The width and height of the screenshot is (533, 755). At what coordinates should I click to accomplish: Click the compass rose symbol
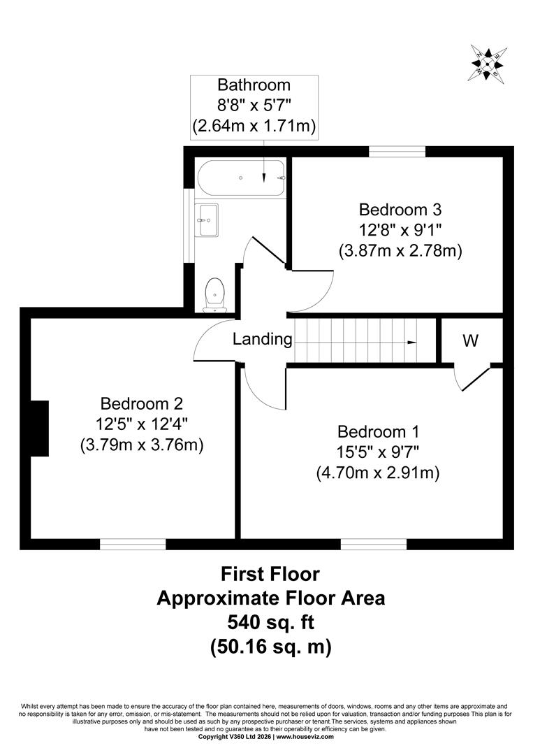click(x=487, y=63)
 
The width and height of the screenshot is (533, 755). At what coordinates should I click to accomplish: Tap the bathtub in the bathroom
click(x=242, y=178)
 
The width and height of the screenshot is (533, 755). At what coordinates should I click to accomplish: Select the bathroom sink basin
click(x=207, y=220)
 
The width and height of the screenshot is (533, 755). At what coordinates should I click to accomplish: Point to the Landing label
click(x=262, y=339)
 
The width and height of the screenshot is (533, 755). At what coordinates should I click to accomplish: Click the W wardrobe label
click(x=470, y=340)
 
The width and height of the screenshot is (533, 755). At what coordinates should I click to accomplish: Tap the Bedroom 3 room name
click(x=400, y=210)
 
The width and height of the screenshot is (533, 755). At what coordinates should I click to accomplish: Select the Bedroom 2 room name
click(x=141, y=403)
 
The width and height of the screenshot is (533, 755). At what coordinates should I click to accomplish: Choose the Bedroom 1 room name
click(x=378, y=431)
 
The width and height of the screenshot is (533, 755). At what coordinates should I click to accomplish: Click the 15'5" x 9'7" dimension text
click(x=378, y=452)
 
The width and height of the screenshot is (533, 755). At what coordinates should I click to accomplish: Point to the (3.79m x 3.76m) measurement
click(x=142, y=444)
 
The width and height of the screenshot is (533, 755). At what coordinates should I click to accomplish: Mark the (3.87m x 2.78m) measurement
click(x=401, y=250)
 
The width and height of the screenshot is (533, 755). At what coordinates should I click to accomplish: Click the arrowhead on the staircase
click(x=411, y=343)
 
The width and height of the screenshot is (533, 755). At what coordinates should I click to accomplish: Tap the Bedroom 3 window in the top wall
click(x=397, y=151)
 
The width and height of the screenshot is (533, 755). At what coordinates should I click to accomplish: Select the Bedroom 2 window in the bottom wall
click(x=133, y=544)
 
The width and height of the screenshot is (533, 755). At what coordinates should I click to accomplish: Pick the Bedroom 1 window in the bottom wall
click(x=374, y=544)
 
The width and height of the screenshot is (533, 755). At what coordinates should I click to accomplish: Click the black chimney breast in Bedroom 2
click(x=40, y=428)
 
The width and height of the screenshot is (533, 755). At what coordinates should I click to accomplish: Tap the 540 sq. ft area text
click(x=271, y=622)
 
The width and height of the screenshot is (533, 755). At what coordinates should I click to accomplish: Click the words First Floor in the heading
click(x=270, y=573)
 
